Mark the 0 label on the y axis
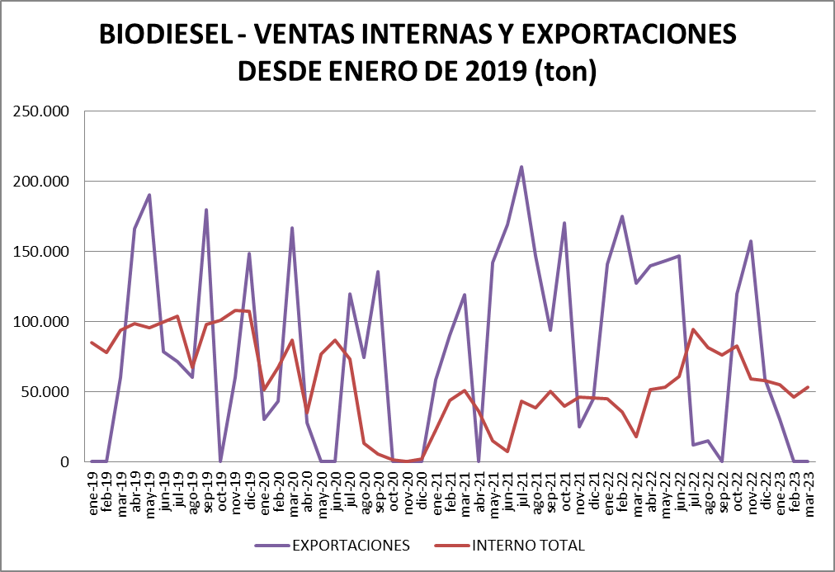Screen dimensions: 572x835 (x=72, y=461)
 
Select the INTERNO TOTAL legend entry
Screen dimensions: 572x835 (x=528, y=545)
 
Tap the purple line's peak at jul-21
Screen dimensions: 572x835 (x=521, y=167)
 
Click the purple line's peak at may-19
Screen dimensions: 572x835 (x=149, y=195)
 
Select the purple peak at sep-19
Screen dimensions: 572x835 (x=206, y=210)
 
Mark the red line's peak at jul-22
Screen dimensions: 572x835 (x=693, y=329)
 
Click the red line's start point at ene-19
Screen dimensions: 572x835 (x=92, y=343)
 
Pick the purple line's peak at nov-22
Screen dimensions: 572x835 (x=751, y=241)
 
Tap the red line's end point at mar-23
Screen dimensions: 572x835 (x=807, y=387)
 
